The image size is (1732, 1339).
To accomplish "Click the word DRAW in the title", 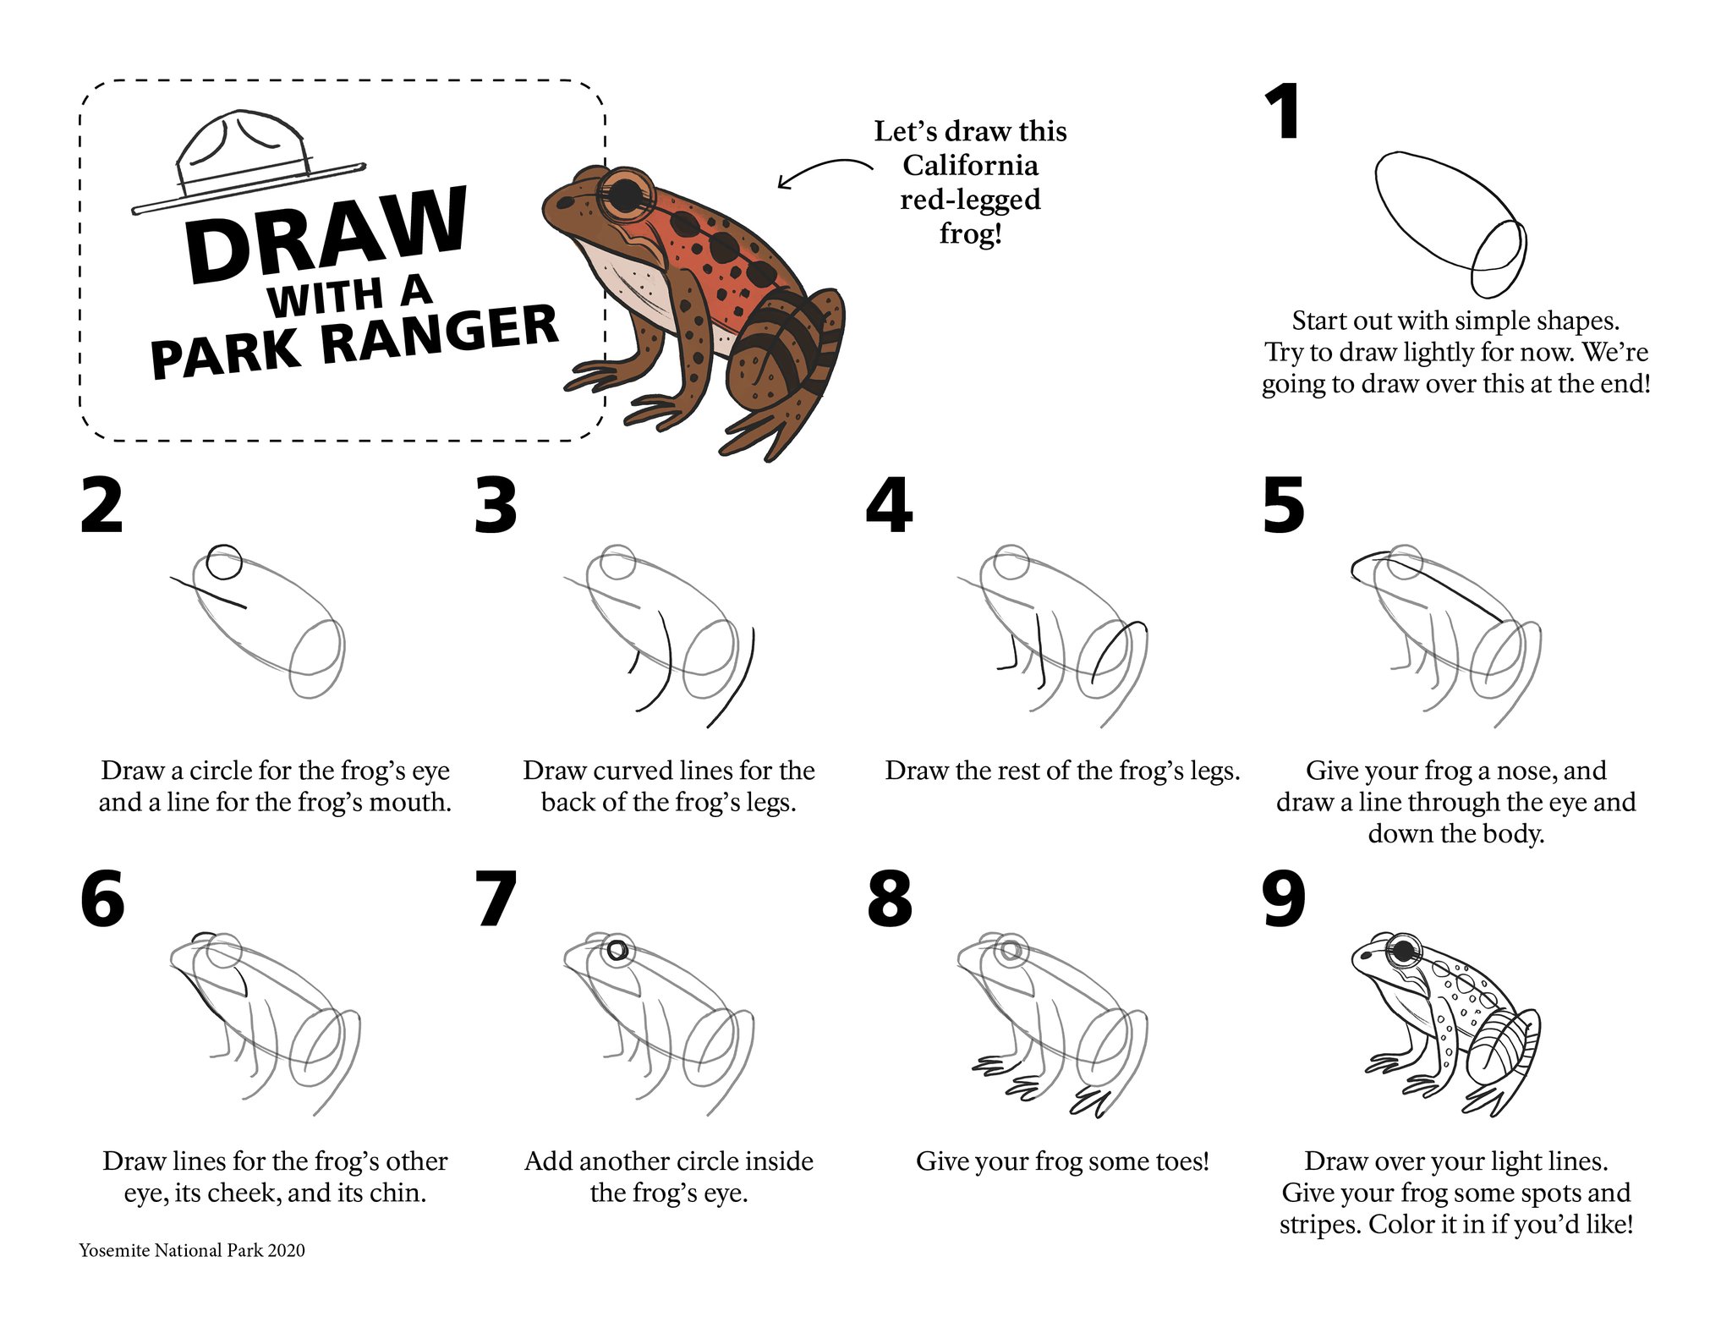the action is coord(326,234).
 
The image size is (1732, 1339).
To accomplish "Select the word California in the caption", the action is coord(970,165).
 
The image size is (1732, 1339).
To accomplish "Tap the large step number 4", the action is coord(889,505).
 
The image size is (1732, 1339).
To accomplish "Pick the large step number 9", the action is coord(1283,899).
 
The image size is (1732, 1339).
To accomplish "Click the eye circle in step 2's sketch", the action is coord(224,562).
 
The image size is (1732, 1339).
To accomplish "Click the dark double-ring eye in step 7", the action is coord(619,950).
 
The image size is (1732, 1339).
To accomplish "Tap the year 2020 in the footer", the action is coord(286,1250).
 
